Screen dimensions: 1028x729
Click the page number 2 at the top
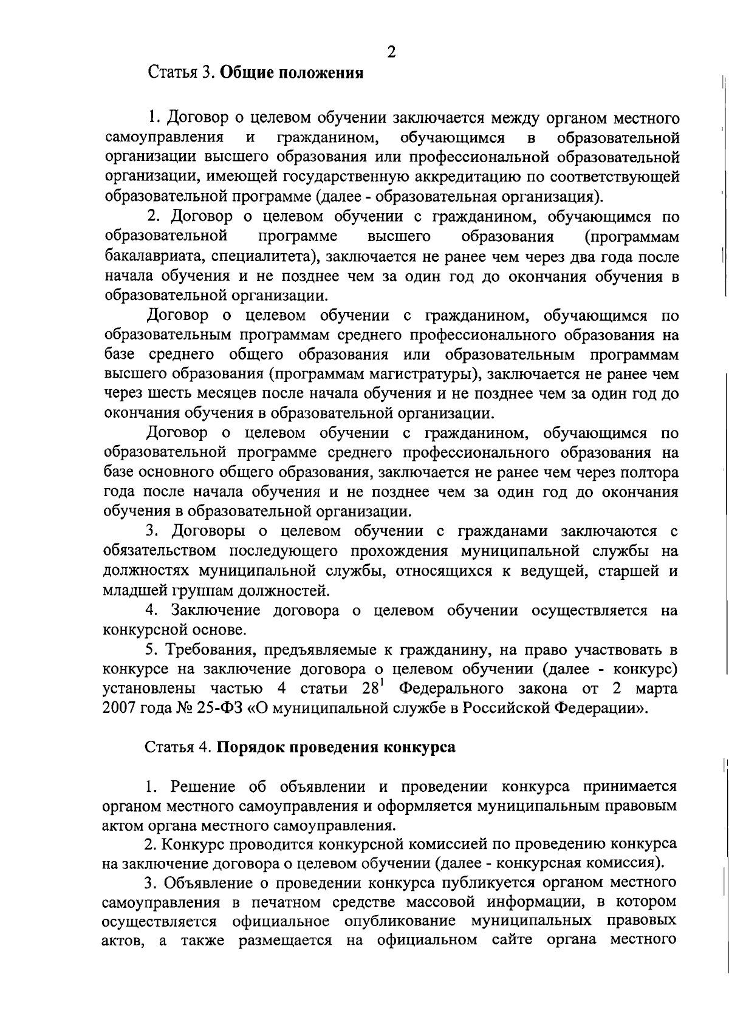point(391,52)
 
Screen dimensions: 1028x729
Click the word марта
point(656,689)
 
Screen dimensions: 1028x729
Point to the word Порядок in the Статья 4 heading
point(252,747)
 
